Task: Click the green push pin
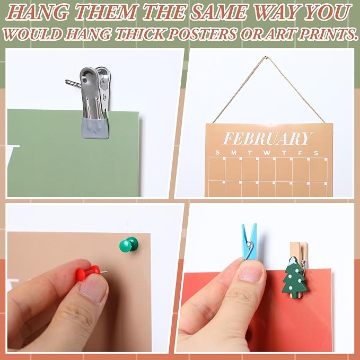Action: pos(128,244)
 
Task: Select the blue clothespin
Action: pos(250,241)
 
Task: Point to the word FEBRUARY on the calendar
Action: pos(268,138)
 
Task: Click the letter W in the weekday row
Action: pos(267,153)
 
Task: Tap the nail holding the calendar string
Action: pos(265,57)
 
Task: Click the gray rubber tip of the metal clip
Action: pos(95,128)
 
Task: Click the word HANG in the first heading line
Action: pos(37,12)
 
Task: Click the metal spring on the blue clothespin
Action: pos(250,249)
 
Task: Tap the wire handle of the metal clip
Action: pos(74,84)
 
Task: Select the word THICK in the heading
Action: pos(141,34)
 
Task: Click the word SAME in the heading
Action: pos(218,12)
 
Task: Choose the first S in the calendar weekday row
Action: pos(218,153)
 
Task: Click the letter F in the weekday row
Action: pos(300,153)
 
